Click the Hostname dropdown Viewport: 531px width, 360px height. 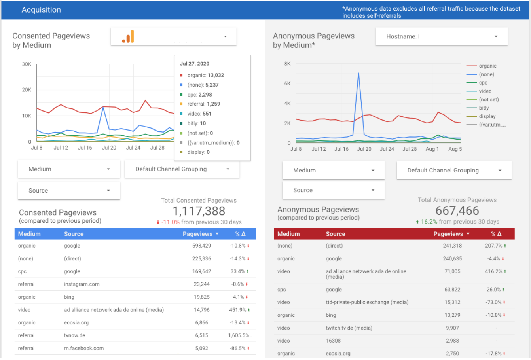tap(441, 36)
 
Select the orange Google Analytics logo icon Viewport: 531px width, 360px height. tap(128, 37)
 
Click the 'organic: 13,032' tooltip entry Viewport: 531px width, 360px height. tap(205, 75)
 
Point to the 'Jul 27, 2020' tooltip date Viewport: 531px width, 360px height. tap(194, 64)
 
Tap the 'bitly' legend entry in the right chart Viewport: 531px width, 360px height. tap(484, 108)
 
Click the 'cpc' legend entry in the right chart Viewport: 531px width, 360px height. tap(483, 83)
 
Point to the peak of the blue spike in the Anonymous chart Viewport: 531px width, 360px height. tap(358, 73)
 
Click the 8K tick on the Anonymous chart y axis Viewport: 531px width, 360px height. tap(287, 64)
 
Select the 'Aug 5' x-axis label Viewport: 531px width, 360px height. tap(455, 149)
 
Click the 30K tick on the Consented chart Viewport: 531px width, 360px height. tap(27, 64)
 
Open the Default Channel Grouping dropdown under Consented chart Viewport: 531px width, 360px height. tap(182, 169)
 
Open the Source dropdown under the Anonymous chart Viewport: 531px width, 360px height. tap(333, 190)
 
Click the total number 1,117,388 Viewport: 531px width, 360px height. tap(199, 211)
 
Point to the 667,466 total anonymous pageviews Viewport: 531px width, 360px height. tap(457, 211)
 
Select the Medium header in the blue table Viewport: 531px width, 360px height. tap(29, 234)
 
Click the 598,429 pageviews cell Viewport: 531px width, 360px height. tap(201, 246)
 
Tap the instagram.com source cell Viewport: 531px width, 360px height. tap(82, 284)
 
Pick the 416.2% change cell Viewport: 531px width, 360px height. tap(493, 271)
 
